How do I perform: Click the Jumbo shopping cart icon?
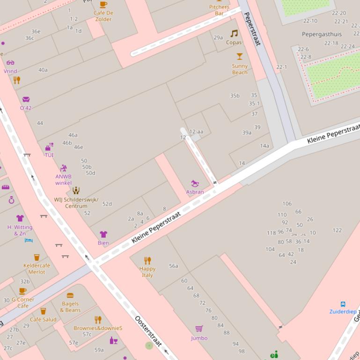pos(199,329)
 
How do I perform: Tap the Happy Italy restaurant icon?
pos(147,260)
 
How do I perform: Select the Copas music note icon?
pos(234,34)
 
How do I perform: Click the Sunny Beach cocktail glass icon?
pos(240,57)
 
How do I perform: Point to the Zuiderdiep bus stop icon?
pos(343,304)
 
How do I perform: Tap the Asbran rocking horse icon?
pos(195,184)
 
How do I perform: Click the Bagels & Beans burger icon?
pos(70,295)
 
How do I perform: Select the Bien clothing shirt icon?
pos(103,234)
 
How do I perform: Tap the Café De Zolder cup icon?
pos(103,5)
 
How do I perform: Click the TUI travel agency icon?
pos(49,147)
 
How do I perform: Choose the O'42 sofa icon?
pos(26,100)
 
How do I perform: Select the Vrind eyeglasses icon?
pos(10,63)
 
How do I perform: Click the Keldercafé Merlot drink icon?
pos(37,257)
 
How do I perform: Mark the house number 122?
pos(337,230)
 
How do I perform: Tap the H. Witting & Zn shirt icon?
pos(20,218)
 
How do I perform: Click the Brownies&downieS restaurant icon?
pos(98,320)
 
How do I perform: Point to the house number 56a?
pos(174,266)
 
